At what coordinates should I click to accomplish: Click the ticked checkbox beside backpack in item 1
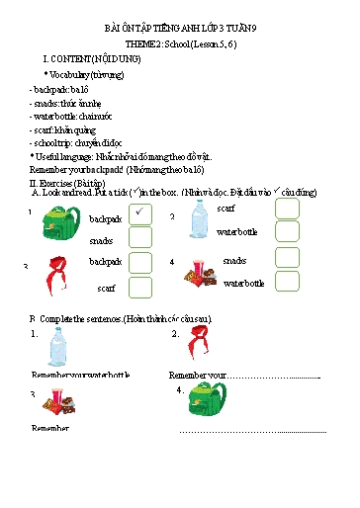[x=140, y=213]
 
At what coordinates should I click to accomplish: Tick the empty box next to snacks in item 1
[x=140, y=238]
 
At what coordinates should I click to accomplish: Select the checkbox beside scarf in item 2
[x=287, y=209]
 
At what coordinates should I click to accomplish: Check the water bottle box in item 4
[x=287, y=282]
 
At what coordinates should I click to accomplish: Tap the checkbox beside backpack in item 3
[x=140, y=262]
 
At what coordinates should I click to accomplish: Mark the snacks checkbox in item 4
[x=287, y=258]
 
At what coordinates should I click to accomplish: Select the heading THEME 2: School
[x=180, y=45]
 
